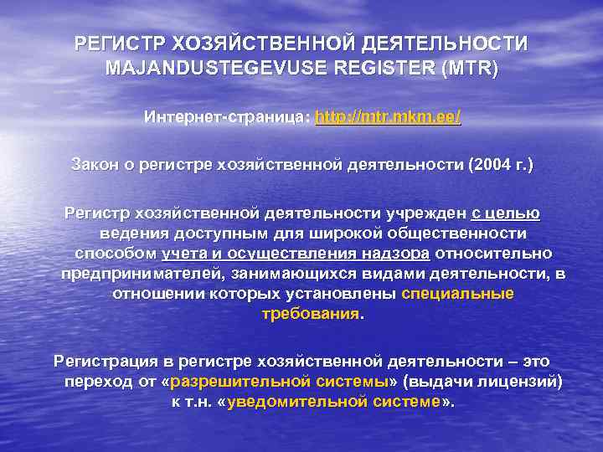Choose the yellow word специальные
pos(458,294)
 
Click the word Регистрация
pos(106,361)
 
